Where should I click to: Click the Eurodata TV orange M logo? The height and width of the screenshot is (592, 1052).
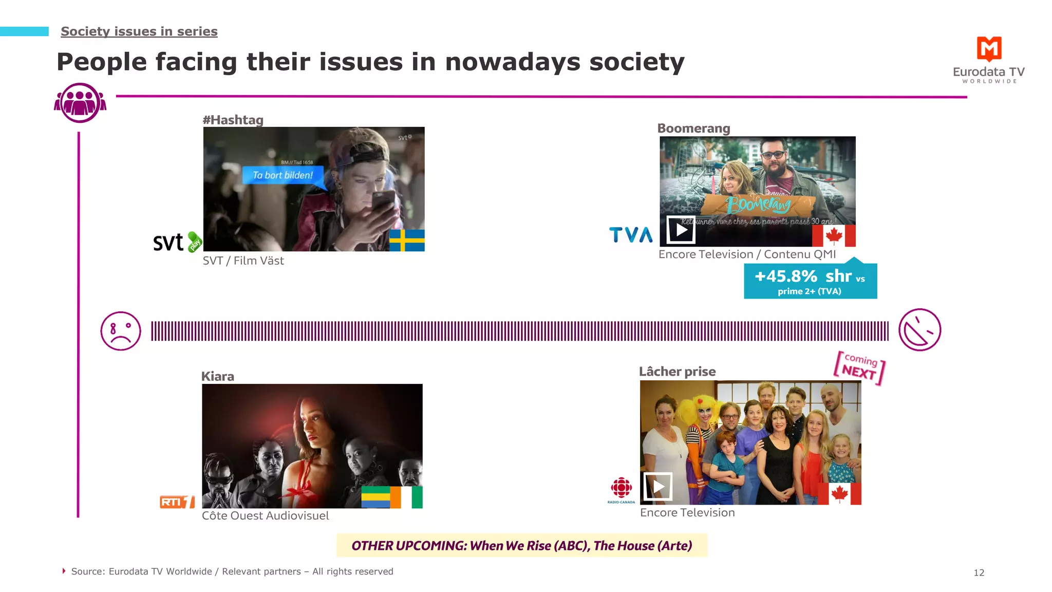point(989,49)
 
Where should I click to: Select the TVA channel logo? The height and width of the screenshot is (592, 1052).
point(631,235)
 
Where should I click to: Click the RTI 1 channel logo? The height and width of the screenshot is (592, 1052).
point(177,502)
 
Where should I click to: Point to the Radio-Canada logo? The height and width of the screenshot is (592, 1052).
point(621,490)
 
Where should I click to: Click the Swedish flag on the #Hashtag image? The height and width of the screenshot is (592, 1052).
point(407,240)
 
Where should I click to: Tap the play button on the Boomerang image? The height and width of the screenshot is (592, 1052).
point(681,230)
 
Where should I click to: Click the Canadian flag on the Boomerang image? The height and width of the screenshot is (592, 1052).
point(834,235)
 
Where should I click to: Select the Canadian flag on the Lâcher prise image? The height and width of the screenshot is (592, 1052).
point(839,494)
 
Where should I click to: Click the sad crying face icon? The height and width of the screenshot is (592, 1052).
point(121,331)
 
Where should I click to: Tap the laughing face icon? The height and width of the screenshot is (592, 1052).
point(919,330)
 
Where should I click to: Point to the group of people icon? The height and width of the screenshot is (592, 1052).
point(80,103)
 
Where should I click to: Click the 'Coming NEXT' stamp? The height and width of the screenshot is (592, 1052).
point(859,367)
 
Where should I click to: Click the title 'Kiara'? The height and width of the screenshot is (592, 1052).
point(218,376)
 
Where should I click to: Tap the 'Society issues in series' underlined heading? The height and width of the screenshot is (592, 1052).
point(139,31)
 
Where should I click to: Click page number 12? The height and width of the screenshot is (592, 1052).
point(979,572)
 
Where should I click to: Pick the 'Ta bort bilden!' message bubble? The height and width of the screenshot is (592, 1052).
point(283,175)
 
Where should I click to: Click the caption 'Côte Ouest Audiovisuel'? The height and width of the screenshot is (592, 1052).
point(265,515)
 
